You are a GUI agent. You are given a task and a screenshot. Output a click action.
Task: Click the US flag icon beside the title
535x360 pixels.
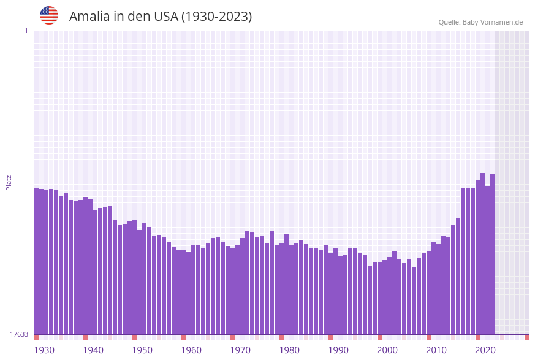pyautogui.click(x=49, y=15)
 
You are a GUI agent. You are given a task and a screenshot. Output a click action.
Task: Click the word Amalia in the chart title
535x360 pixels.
pyautogui.click(x=90, y=17)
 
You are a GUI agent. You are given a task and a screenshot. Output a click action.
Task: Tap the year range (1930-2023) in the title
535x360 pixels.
pyautogui.click(x=216, y=17)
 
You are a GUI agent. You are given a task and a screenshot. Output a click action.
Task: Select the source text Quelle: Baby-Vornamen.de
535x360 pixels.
pyautogui.click(x=480, y=22)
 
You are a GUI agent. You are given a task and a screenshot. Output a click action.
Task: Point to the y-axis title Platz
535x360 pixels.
pyautogui.click(x=9, y=182)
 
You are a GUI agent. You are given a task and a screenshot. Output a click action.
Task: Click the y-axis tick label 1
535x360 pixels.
pyautogui.click(x=26, y=31)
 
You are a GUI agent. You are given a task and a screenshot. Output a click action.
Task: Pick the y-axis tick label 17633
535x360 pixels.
pyautogui.click(x=19, y=334)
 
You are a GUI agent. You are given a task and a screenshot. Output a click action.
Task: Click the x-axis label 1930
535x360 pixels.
pyautogui.click(x=44, y=350)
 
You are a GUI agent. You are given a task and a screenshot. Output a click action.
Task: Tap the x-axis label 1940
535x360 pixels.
pyautogui.click(x=93, y=350)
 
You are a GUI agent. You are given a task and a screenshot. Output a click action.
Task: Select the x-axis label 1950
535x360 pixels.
pyautogui.click(x=142, y=350)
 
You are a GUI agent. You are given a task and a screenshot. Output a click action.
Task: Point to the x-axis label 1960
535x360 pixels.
pyautogui.click(x=191, y=350)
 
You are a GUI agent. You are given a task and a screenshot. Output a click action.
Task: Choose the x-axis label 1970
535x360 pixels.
pyautogui.click(x=240, y=350)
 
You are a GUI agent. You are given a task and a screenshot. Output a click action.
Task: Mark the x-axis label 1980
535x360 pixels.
pyautogui.click(x=289, y=350)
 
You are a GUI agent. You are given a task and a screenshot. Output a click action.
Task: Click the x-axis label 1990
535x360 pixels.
pyautogui.click(x=338, y=350)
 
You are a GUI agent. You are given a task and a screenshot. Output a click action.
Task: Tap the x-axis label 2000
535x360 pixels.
pyautogui.click(x=387, y=350)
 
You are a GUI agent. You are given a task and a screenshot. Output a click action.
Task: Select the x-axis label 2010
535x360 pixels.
pyautogui.click(x=436, y=350)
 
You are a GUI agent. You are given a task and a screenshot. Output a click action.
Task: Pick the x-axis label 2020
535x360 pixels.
pyautogui.click(x=485, y=350)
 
